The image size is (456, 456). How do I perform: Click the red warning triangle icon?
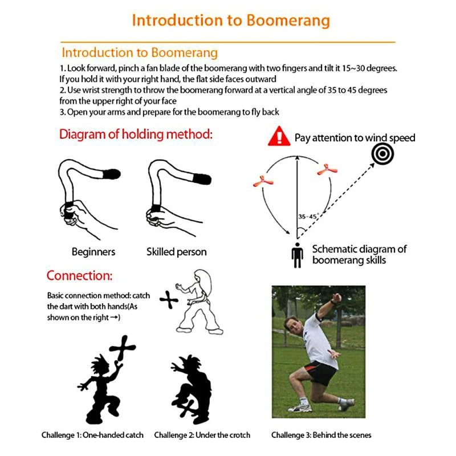coord(279,137)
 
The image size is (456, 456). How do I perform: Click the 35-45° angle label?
coord(308,217)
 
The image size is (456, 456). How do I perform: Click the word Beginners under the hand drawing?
coord(93,251)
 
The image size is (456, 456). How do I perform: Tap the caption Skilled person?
coord(176,251)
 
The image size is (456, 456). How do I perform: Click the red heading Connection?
coord(79,276)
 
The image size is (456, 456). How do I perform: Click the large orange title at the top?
coord(230,21)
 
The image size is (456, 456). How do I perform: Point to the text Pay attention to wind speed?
coord(355,138)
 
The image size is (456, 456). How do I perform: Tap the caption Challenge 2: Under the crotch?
coord(202,435)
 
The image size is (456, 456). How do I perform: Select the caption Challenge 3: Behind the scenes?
coord(321,435)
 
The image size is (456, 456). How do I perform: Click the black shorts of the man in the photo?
coord(319,372)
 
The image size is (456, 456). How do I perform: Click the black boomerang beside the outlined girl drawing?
coord(169,300)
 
